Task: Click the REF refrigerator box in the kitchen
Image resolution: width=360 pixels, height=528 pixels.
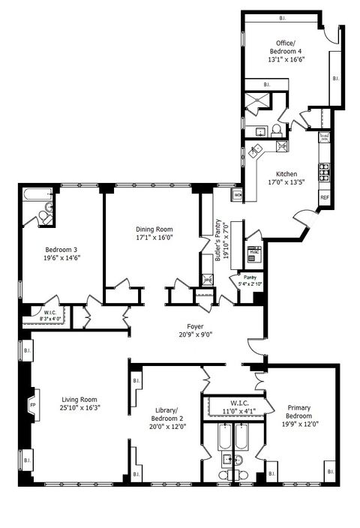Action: tap(325, 196)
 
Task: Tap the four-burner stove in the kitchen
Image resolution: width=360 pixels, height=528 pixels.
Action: tap(325, 172)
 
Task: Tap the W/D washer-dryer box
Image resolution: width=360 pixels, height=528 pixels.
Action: tap(238, 196)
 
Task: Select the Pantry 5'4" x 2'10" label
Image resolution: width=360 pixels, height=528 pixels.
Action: tap(249, 280)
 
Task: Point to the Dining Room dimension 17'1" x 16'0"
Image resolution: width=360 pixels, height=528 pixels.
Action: tap(154, 238)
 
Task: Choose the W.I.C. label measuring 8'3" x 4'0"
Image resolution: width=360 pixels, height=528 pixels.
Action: tap(50, 316)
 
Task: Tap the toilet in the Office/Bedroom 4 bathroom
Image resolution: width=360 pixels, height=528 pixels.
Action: tap(276, 130)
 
